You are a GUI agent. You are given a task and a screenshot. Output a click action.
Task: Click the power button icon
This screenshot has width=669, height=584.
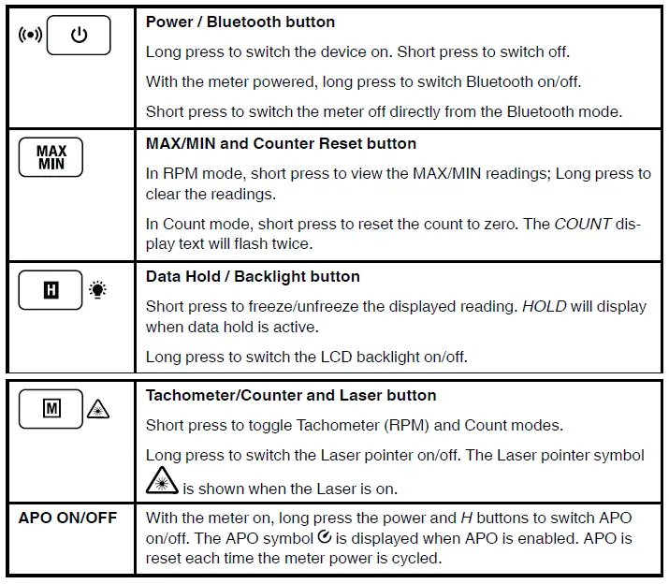click(79, 36)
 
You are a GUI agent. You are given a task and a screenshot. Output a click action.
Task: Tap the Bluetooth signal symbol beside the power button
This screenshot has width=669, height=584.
click(31, 36)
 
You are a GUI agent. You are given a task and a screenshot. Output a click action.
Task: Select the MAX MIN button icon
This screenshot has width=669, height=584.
click(51, 156)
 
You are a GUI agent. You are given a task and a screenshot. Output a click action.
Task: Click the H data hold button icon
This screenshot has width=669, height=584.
click(51, 290)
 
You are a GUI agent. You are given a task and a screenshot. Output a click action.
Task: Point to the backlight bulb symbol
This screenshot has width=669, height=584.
click(97, 290)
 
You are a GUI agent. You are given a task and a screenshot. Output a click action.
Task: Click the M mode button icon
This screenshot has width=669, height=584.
click(51, 409)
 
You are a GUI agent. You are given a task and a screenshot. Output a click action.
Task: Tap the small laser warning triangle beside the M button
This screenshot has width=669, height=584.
click(98, 409)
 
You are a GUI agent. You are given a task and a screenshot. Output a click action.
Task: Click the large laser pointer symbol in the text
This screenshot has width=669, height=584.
click(162, 481)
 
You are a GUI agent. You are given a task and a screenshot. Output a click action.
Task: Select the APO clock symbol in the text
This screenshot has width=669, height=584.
click(324, 537)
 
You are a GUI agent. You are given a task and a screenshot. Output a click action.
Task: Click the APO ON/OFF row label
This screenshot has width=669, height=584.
click(68, 518)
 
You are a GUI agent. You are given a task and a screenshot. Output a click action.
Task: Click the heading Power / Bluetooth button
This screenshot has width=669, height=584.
click(240, 22)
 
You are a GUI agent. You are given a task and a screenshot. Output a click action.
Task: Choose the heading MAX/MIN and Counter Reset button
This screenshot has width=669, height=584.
click(281, 143)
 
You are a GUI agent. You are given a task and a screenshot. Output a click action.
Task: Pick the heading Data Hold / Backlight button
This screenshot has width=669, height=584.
click(253, 276)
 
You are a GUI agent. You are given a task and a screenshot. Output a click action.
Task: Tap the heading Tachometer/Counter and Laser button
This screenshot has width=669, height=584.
click(291, 395)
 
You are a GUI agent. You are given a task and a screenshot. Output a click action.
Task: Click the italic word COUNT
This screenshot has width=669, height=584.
click(583, 225)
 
